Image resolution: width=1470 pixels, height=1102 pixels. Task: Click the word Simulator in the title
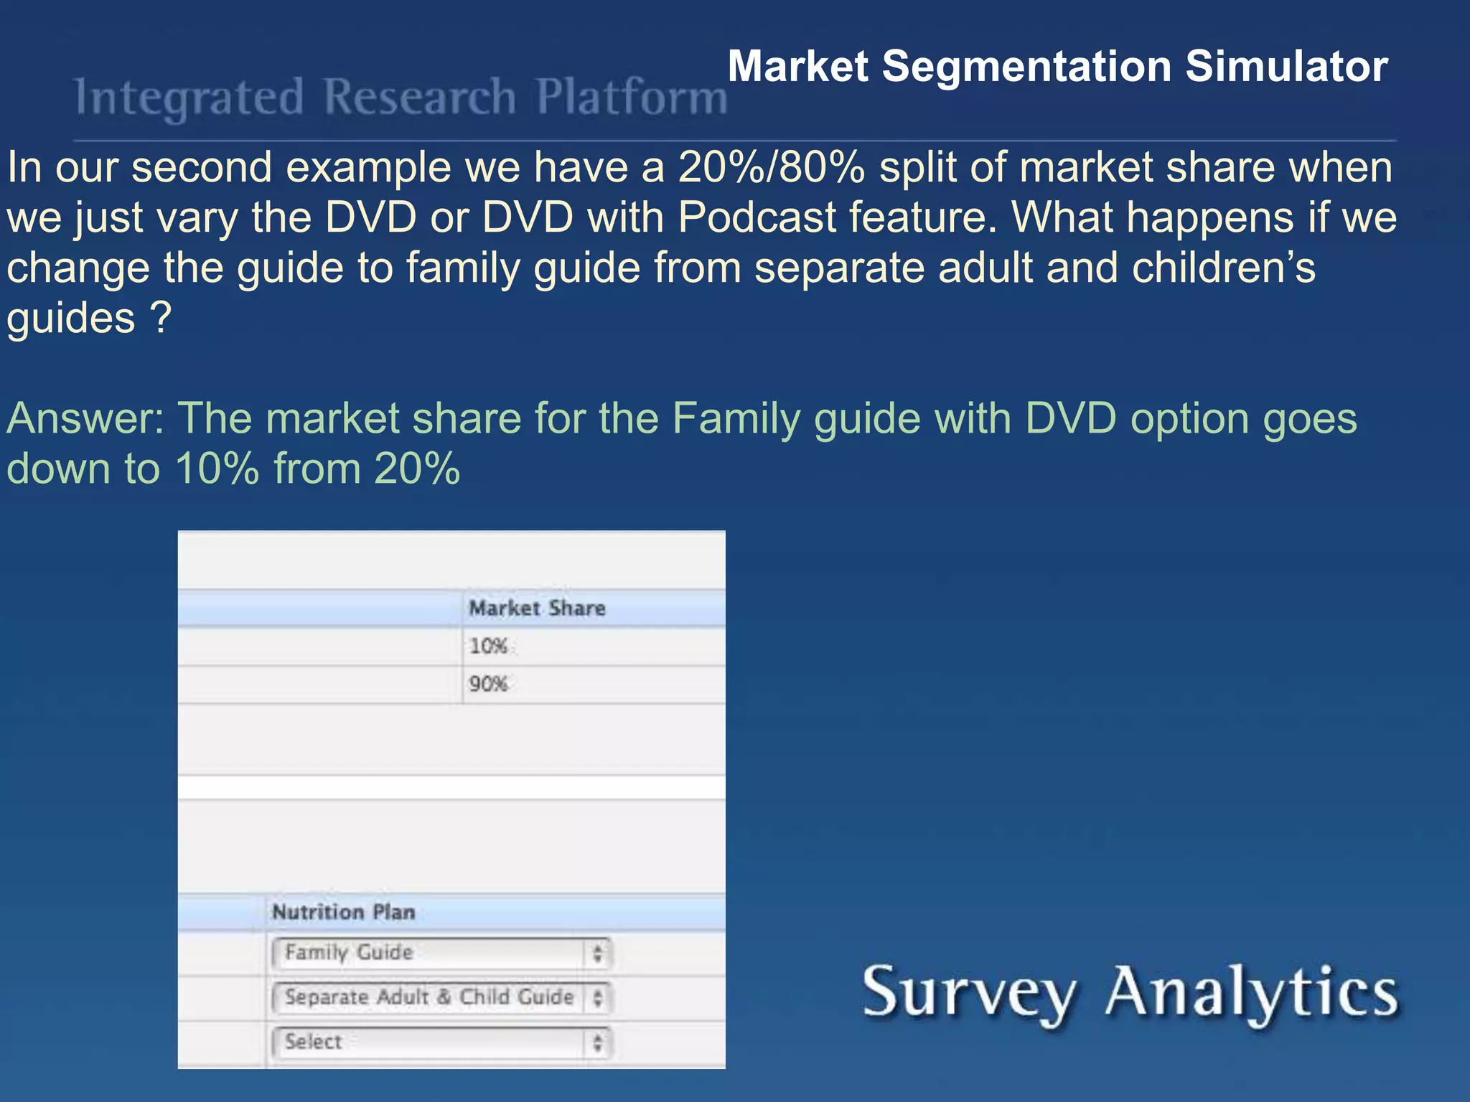coord(1286,67)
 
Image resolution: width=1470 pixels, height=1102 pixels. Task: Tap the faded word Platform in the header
coord(632,98)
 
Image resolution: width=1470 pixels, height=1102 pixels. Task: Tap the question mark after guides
coord(161,318)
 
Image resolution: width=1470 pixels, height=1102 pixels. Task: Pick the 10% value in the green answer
coord(216,469)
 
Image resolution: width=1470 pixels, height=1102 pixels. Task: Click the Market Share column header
coord(537,608)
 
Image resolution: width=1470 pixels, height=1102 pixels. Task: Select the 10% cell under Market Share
coord(489,646)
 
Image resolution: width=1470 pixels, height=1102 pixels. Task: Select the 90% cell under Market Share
coord(489,684)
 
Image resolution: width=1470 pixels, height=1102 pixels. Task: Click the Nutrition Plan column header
coord(344,912)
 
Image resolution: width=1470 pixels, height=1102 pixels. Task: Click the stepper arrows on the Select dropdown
coord(597,1043)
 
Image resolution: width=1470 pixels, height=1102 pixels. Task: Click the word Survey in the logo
coord(969,994)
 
